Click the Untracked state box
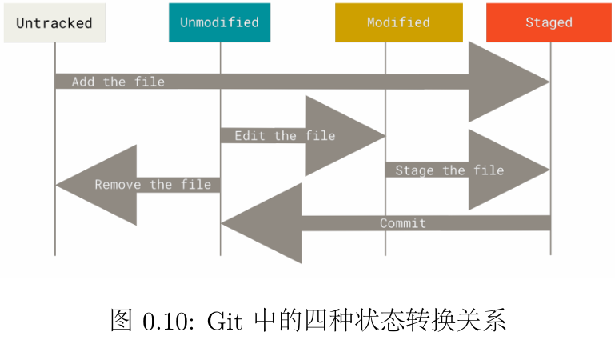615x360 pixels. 54,23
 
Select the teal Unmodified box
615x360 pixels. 219,23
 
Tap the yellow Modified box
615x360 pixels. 398,23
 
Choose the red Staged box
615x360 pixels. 549,23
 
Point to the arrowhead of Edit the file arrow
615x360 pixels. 340,136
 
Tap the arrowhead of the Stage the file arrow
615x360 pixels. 504,170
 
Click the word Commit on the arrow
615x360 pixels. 403,223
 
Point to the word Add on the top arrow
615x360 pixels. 83,82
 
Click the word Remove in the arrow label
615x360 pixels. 118,185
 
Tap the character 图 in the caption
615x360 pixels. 120,321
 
